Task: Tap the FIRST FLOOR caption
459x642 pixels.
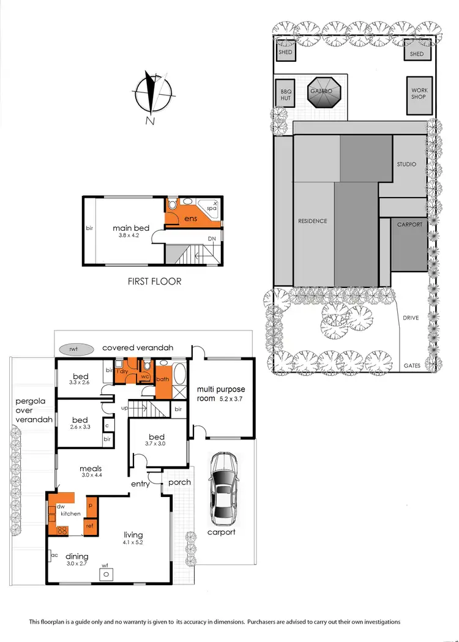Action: tap(154, 282)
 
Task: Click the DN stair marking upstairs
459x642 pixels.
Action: tap(212, 239)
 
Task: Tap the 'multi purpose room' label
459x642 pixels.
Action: tap(220, 394)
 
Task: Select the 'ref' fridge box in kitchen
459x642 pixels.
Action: tap(89, 525)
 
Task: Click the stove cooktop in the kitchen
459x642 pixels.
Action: tap(62, 530)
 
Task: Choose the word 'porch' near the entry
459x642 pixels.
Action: tap(179, 482)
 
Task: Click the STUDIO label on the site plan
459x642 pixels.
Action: tap(406, 165)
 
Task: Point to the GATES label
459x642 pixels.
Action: tap(411, 365)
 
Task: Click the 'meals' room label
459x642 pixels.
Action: tap(90, 469)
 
